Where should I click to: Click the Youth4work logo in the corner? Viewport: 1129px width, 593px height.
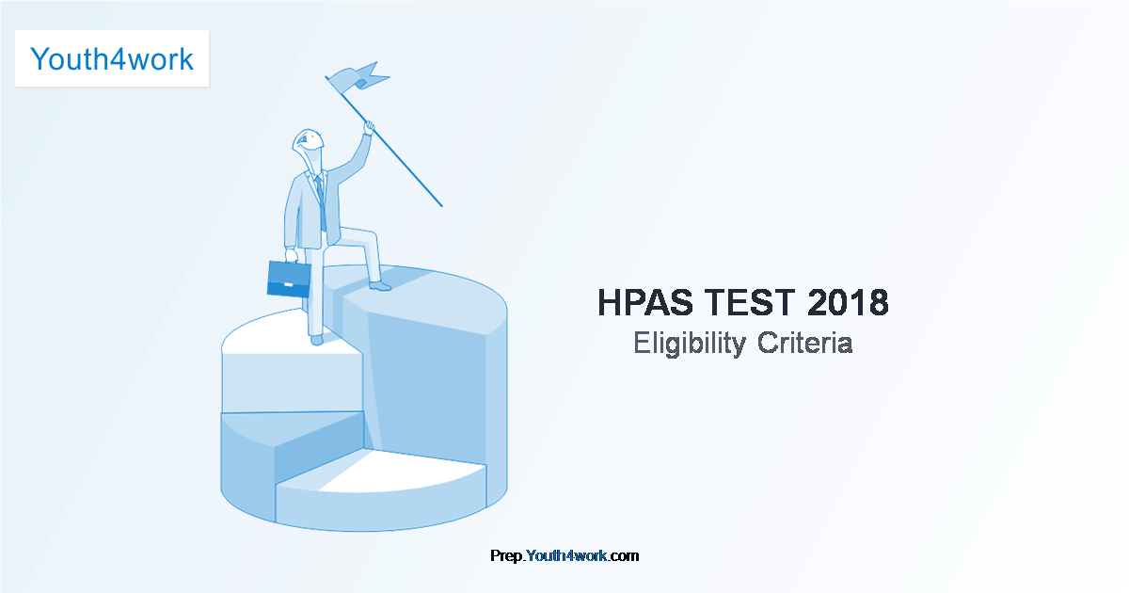pos(112,58)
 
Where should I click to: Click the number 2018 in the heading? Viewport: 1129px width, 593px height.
pos(851,303)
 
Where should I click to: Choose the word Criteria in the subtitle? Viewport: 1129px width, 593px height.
pos(805,343)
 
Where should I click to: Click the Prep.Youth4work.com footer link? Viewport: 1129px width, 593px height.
pos(564,556)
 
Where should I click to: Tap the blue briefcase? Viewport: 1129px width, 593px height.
pos(289,279)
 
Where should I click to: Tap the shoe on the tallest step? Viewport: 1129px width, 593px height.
pos(380,285)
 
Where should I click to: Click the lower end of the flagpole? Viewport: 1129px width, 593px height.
pos(439,203)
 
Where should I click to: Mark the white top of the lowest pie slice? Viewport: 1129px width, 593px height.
pos(395,472)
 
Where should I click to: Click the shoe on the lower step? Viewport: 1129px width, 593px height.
pos(316,339)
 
